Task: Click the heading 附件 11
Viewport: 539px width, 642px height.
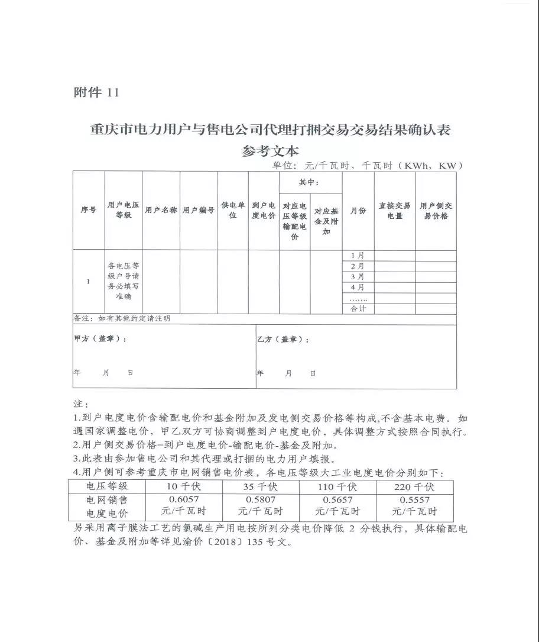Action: (x=96, y=92)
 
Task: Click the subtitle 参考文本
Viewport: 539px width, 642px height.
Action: (x=270, y=150)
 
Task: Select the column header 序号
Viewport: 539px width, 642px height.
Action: (x=89, y=210)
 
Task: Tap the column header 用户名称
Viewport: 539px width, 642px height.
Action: (x=161, y=210)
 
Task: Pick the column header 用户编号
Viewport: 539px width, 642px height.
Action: (x=198, y=210)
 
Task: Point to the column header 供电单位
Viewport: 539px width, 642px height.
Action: (x=233, y=210)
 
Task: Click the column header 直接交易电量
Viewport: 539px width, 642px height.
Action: (x=395, y=211)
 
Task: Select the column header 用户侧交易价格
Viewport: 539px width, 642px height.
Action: (x=436, y=211)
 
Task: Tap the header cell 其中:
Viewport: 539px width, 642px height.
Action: (x=310, y=182)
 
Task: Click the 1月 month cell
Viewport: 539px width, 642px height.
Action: (x=358, y=255)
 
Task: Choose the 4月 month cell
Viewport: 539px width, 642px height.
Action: (x=358, y=287)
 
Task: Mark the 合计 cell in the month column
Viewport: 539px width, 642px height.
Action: (x=358, y=309)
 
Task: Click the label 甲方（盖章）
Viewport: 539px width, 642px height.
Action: (x=99, y=339)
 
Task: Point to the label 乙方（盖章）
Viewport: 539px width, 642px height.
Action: (x=283, y=340)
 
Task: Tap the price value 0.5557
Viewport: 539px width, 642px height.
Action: (x=414, y=500)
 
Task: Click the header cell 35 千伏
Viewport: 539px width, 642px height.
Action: (x=260, y=487)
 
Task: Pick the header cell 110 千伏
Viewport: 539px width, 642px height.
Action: (x=337, y=487)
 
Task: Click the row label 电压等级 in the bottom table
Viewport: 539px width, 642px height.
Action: (x=107, y=486)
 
